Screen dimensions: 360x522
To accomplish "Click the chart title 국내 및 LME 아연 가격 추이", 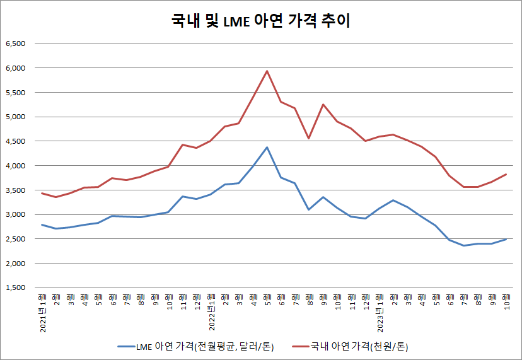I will tap(260, 21).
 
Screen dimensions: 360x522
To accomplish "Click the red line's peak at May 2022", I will tap(267, 71).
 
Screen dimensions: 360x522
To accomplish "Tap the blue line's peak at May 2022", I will tap(267, 148).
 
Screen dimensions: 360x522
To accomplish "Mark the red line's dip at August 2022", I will tap(309, 138).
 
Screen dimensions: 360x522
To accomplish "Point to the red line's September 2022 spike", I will tap(323, 104).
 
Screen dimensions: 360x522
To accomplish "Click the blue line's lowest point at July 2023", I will tap(465, 245).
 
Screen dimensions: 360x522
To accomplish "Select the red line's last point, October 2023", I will tap(506, 174).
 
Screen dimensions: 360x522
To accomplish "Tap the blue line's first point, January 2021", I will tap(42, 224).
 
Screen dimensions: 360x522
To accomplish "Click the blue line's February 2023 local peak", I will tap(393, 200).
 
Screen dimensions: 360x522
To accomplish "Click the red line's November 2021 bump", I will tap(183, 144).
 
